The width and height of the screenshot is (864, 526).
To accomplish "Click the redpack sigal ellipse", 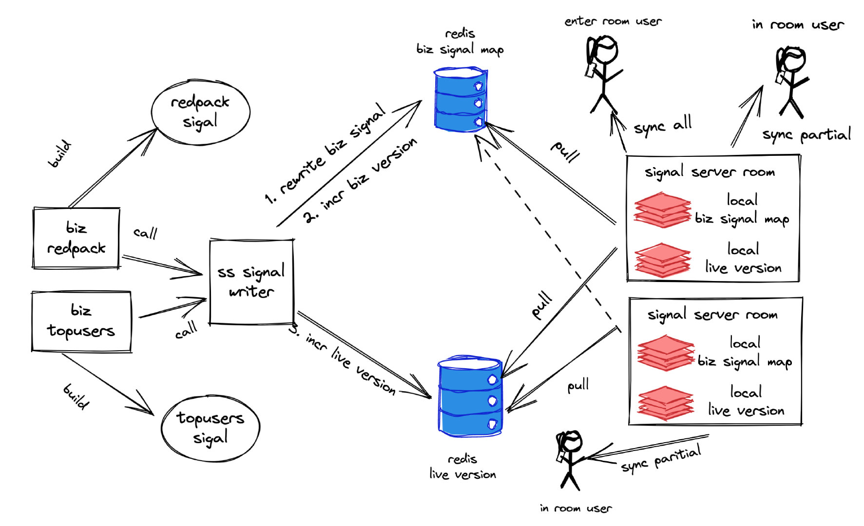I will [200, 112].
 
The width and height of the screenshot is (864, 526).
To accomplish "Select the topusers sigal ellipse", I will [211, 428].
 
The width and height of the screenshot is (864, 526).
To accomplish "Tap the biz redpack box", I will [77, 238].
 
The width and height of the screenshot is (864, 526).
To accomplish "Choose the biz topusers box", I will [81, 321].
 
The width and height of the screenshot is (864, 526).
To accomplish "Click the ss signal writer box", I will [251, 282].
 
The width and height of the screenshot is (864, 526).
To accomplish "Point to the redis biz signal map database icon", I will [460, 100].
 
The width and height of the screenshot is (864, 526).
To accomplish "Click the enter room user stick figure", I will [603, 73].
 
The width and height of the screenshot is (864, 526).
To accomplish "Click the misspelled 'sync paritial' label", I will [661, 459].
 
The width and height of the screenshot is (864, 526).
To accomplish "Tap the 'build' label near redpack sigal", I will [60, 154].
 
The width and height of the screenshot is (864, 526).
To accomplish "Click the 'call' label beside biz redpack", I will [145, 233].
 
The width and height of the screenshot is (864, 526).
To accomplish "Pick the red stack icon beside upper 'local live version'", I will [663, 260].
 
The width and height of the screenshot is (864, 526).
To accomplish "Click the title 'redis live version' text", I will [462, 467].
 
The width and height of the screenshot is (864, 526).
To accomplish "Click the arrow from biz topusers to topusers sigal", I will [107, 385].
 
